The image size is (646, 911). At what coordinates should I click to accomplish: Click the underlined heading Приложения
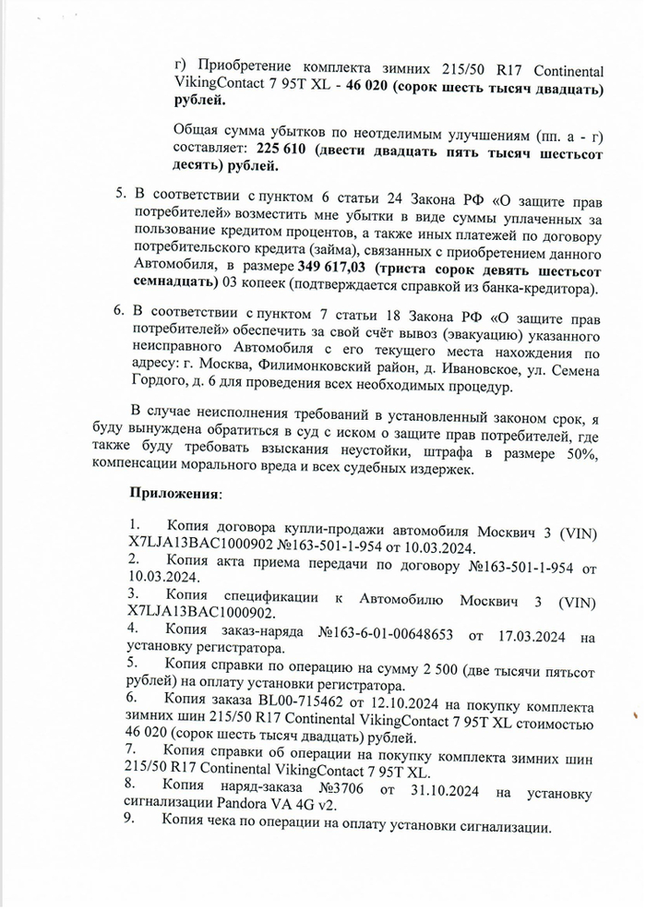click(176, 493)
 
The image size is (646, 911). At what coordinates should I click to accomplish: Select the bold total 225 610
click(281, 149)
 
